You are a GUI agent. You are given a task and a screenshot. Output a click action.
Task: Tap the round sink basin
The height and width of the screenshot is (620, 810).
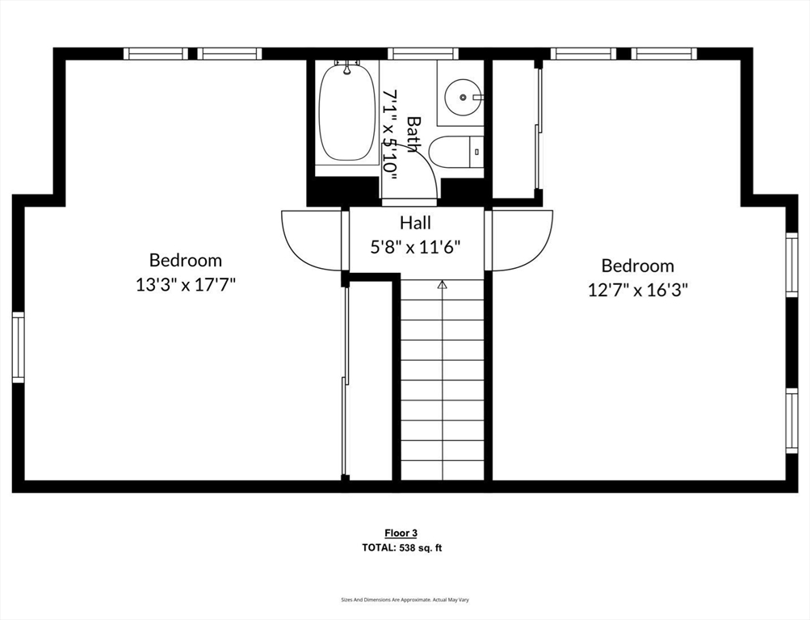463,97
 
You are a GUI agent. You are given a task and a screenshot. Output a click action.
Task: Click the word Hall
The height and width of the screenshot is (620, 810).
415,223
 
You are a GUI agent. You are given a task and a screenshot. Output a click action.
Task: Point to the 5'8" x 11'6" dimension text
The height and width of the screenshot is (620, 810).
415,247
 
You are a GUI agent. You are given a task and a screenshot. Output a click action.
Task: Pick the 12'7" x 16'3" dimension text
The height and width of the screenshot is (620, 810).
637,289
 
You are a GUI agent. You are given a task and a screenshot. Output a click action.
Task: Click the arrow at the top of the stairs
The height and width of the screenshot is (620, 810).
442,284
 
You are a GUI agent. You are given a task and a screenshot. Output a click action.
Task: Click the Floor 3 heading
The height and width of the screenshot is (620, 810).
401,533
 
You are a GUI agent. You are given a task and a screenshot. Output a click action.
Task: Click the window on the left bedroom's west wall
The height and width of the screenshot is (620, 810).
18,347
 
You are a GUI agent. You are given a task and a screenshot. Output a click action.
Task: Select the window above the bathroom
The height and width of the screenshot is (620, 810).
423,54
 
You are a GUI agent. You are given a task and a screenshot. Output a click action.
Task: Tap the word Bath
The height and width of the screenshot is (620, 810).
413,134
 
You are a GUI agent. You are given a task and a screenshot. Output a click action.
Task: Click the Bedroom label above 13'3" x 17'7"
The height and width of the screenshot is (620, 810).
186,260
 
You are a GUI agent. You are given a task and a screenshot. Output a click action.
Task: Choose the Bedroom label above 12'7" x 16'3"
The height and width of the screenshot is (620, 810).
637,266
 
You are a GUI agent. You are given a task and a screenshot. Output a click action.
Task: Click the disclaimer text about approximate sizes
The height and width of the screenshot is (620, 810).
405,600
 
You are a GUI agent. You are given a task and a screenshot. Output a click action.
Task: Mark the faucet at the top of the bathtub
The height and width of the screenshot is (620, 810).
347,68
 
